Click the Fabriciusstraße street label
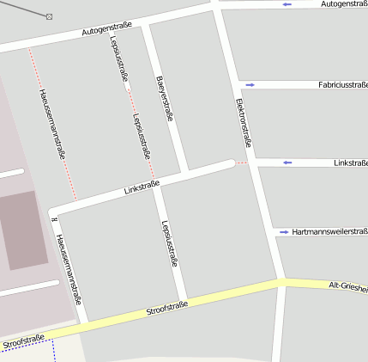[342, 84]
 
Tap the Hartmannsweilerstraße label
[329, 232]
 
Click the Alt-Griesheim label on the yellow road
[348, 287]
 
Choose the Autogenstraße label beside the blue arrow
[344, 4]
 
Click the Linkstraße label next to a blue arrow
[351, 163]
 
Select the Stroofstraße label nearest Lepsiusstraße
[166, 309]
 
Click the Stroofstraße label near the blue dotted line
[23, 341]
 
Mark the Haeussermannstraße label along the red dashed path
[52, 123]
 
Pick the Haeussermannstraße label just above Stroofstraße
[68, 269]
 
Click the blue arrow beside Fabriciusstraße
[250, 84]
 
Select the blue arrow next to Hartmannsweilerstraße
[283, 232]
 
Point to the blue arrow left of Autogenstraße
[287, 4]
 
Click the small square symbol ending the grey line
[49, 16]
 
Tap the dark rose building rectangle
[22, 230]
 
